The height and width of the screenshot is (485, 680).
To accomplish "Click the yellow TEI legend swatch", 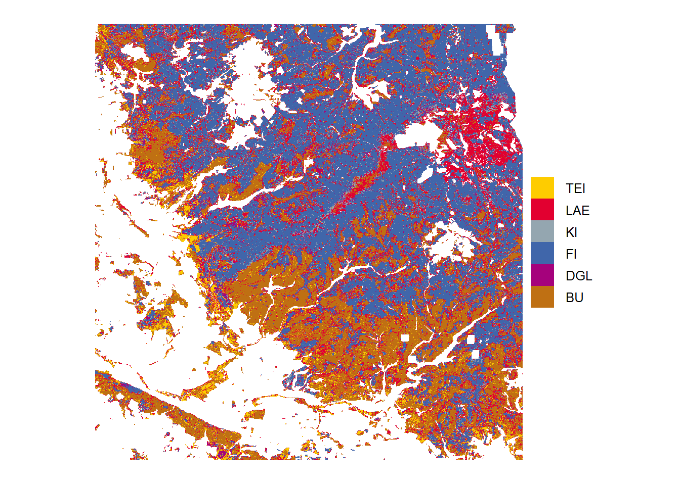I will click(x=542, y=188).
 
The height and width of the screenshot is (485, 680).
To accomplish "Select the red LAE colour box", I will click(x=542, y=210).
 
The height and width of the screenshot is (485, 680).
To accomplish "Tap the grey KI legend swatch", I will click(x=542, y=231).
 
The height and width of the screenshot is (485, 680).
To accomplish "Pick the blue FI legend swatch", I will click(x=542, y=253).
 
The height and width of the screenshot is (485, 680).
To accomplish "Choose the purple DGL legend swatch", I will click(x=542, y=275).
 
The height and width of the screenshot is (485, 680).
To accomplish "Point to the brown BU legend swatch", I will click(x=542, y=297).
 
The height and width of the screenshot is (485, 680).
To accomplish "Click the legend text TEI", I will click(x=575, y=188).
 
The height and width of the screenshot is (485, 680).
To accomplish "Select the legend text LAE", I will click(x=577, y=211).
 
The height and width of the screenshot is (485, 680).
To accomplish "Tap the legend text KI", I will click(x=571, y=232).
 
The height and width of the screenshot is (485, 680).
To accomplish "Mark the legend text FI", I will click(x=571, y=254).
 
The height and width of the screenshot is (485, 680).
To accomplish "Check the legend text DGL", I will click(x=579, y=276).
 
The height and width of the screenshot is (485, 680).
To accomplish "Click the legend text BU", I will click(x=574, y=298).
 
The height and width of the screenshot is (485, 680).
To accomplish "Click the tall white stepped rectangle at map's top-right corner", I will click(x=496, y=40).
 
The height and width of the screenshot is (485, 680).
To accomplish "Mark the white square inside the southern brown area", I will click(x=405, y=338).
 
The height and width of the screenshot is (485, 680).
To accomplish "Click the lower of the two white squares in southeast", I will click(x=475, y=355).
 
